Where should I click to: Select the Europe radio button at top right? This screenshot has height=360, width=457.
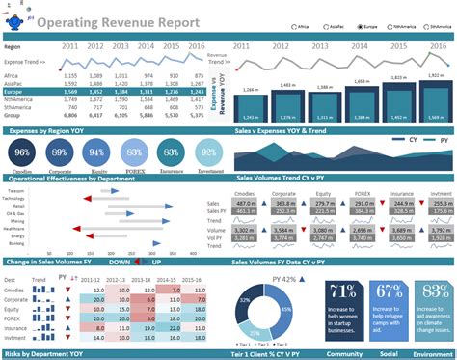358,27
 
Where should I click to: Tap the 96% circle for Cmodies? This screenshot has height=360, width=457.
23,152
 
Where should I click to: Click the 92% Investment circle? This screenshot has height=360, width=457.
206,152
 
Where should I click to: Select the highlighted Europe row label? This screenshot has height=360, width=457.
16,92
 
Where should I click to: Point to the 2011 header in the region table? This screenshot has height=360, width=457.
70,46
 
